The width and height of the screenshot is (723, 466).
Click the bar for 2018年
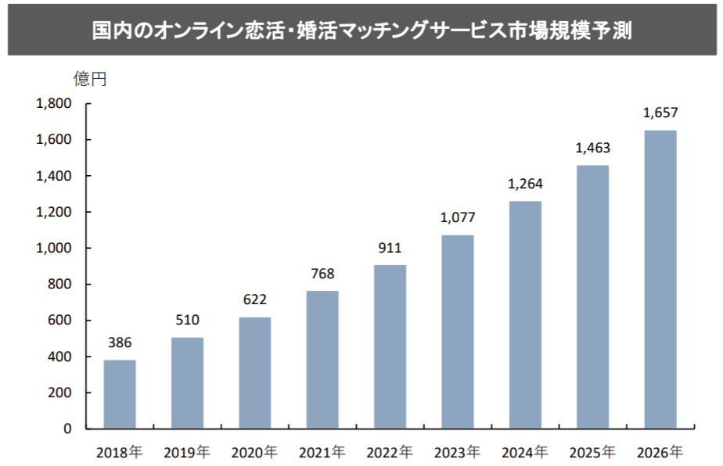[x=120, y=394]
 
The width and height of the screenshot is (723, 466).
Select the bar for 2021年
[x=322, y=360]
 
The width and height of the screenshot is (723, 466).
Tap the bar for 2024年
[x=525, y=314]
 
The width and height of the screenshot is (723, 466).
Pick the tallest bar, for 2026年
[x=660, y=279]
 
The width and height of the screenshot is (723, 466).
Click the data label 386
[x=120, y=342]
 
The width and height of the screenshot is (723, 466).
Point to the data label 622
[x=255, y=299]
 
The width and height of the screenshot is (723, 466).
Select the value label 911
[x=390, y=249]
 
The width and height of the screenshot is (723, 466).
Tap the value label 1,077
[x=458, y=217]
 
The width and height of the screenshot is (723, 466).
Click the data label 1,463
[x=592, y=148]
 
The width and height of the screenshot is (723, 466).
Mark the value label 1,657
[x=660, y=113]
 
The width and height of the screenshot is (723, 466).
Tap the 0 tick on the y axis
[x=67, y=428]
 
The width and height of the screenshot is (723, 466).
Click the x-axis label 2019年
[x=187, y=452]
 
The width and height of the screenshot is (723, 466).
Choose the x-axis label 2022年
[x=390, y=452]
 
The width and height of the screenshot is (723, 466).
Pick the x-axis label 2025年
[x=592, y=452]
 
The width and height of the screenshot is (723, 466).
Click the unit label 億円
[x=90, y=78]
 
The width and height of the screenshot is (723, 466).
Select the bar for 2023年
[x=458, y=332]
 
